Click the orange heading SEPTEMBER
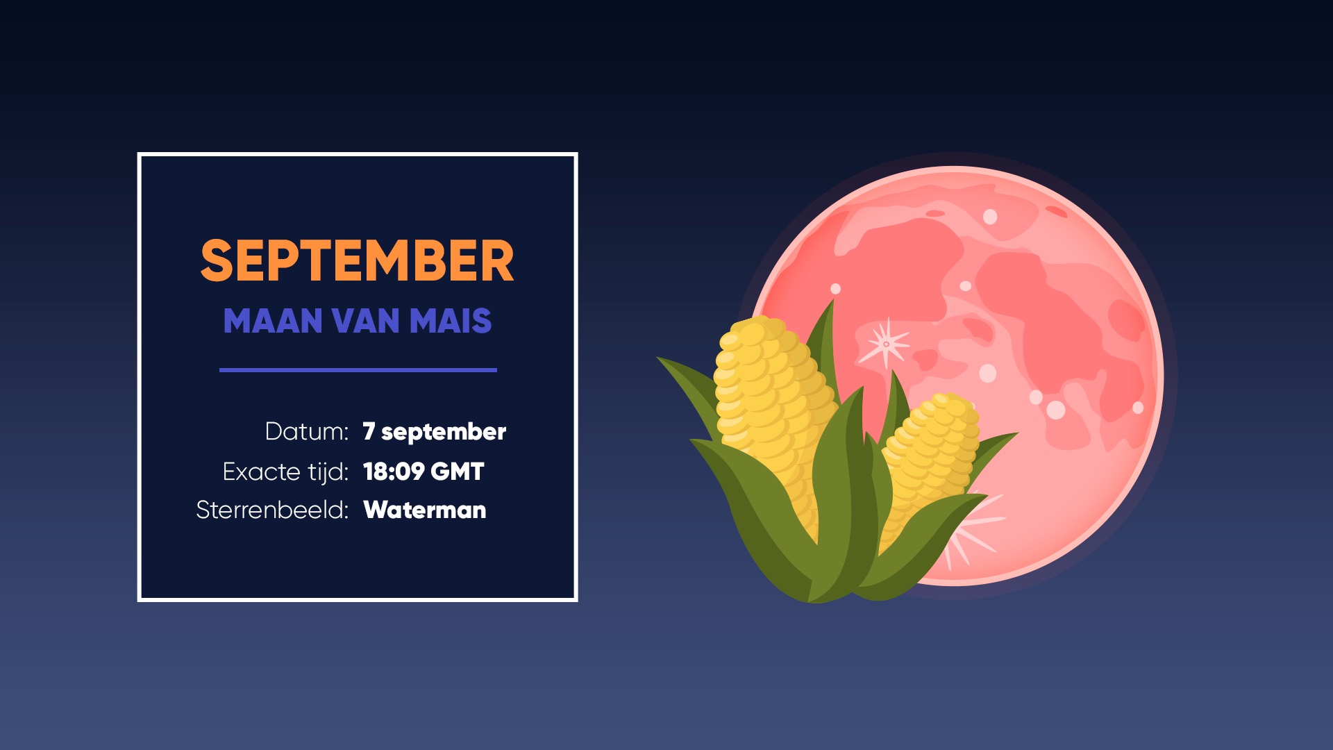pos(358,261)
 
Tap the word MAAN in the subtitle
pos(273,321)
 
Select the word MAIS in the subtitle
pos(451,321)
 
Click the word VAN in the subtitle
pos(366,321)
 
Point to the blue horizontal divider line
pos(358,370)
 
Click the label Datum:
pos(307,431)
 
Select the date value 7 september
pos(435,432)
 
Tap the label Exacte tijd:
pos(285,472)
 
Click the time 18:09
pos(394,472)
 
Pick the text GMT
pos(458,472)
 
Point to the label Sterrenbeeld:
pos(272,510)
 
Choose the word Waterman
pos(425,510)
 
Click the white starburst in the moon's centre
pos(885,344)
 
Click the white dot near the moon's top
pos(990,217)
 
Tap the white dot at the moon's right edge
pos(1138,408)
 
